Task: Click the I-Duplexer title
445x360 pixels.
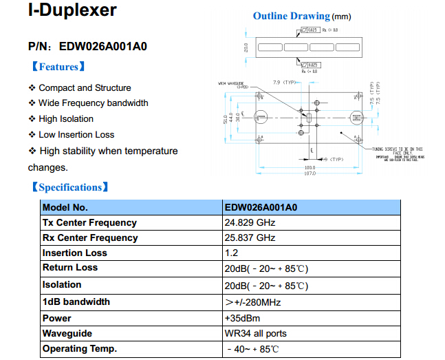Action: coord(72,11)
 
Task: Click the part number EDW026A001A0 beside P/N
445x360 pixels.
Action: coord(103,47)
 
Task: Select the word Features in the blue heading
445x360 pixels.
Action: coord(58,67)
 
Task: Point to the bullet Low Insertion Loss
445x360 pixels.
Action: coord(76,135)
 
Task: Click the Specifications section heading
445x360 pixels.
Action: coord(69,187)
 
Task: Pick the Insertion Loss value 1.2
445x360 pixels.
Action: coord(231,253)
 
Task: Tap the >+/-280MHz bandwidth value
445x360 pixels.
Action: coord(252,302)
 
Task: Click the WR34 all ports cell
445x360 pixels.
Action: coord(255,334)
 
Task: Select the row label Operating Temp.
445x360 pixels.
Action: coord(80,349)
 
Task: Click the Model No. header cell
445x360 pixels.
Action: coord(65,207)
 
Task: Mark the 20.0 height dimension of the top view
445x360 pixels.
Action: coord(246,48)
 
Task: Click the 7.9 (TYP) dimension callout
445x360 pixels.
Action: coord(284,82)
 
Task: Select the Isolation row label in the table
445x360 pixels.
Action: coord(62,284)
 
